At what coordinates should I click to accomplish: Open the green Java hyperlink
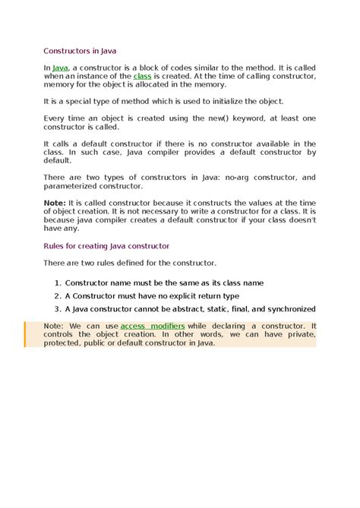(60, 68)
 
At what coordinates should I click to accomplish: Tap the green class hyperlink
(142, 76)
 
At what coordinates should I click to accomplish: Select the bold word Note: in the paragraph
(55, 203)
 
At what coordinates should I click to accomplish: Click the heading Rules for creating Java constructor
(106, 246)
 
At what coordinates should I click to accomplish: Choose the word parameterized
(69, 185)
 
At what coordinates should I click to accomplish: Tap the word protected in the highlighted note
(65, 342)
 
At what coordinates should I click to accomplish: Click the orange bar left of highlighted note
(25, 334)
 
